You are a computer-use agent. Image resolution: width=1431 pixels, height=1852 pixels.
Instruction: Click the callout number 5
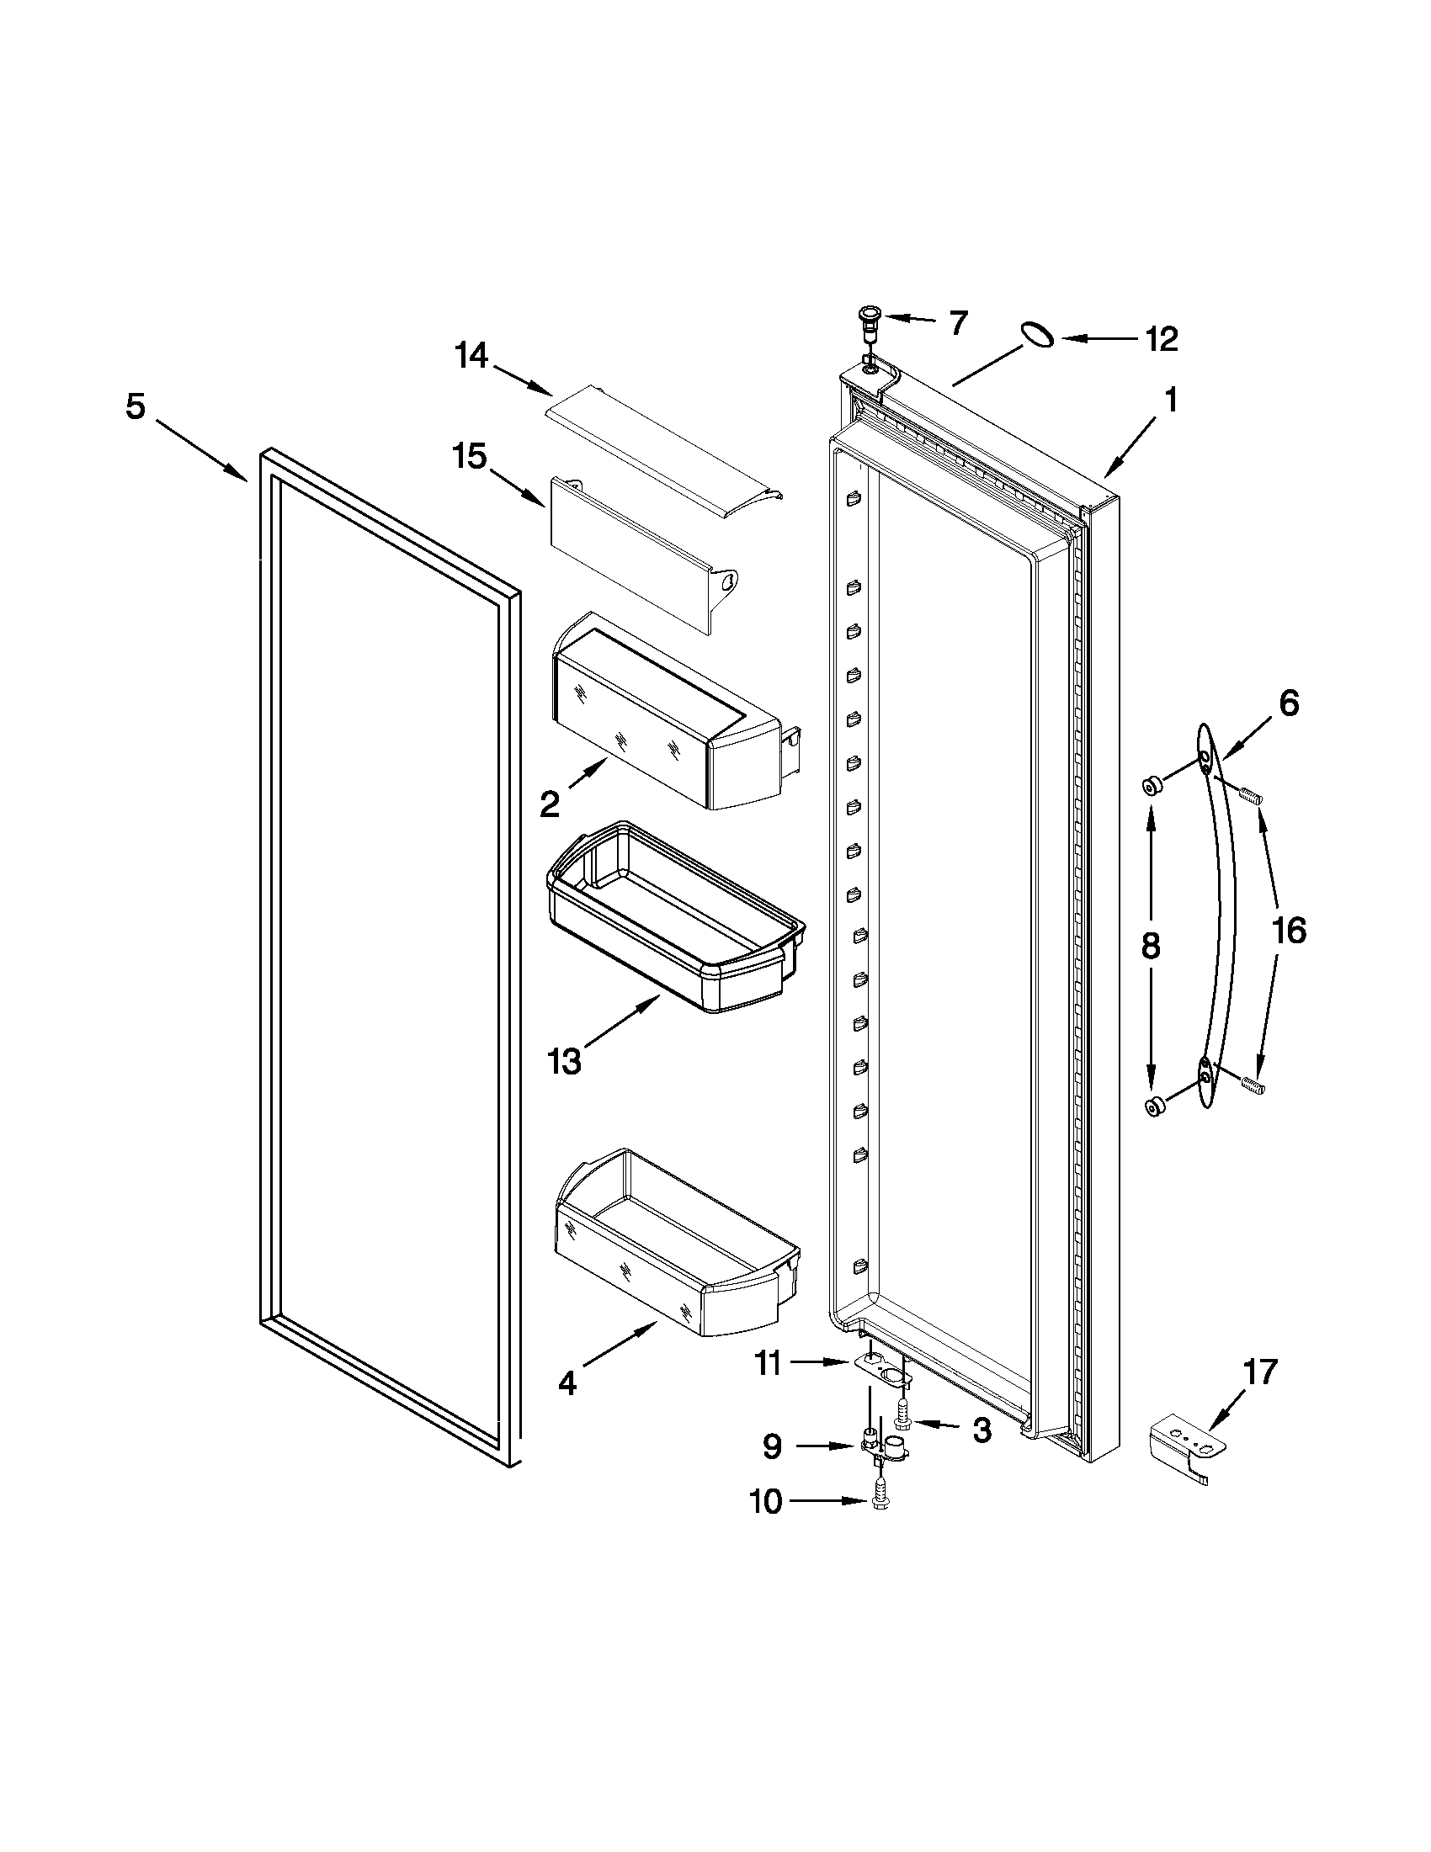coord(136,407)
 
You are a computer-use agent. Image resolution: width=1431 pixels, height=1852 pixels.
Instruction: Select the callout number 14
coord(471,356)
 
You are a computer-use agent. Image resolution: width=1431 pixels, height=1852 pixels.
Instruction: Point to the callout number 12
coord(1162,339)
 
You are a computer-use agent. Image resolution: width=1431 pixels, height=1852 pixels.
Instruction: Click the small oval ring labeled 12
coord(1037,334)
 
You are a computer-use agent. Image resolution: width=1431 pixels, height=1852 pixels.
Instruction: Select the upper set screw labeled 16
coord(1250,795)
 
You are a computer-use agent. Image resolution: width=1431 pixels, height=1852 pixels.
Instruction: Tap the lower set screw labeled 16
coord(1250,1083)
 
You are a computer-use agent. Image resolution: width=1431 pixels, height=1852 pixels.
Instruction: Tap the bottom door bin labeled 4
coord(674,1244)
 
